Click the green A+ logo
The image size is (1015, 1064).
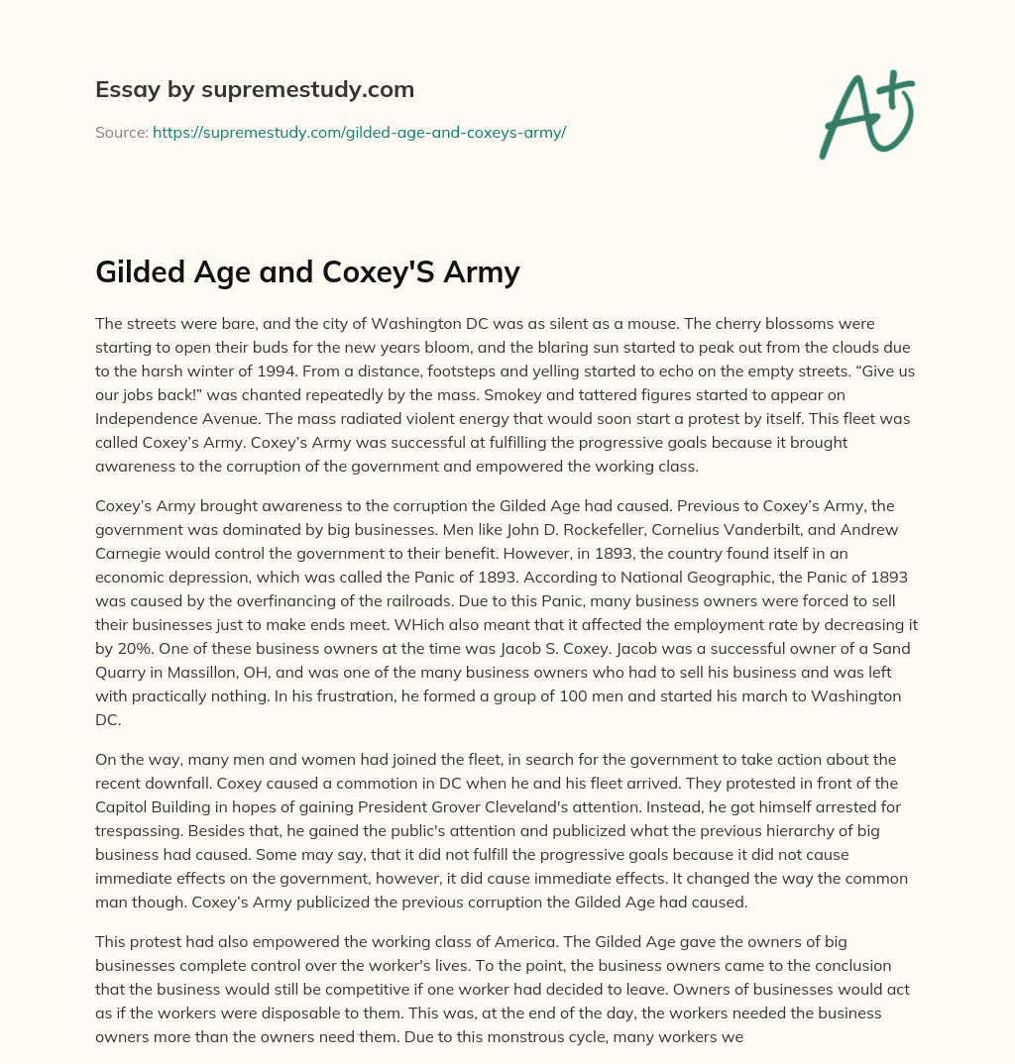[x=865, y=115]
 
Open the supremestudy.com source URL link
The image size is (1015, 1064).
[x=359, y=132]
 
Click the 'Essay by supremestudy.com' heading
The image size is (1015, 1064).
[x=255, y=90]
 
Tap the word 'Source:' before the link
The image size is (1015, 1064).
[x=122, y=132]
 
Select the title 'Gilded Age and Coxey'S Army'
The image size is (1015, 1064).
[x=307, y=271]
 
